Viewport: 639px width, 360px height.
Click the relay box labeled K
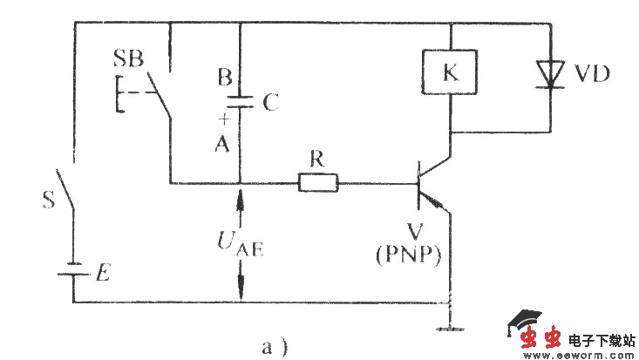click(450, 74)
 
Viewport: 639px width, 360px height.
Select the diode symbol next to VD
click(550, 75)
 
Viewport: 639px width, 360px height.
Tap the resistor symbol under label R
click(317, 183)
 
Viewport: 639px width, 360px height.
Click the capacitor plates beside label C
click(239, 102)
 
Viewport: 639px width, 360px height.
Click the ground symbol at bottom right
click(450, 329)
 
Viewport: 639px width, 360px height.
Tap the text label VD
click(593, 76)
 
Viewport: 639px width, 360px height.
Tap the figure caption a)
click(275, 346)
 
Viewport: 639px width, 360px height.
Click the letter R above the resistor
click(318, 160)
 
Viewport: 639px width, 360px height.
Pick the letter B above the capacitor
click(224, 78)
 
